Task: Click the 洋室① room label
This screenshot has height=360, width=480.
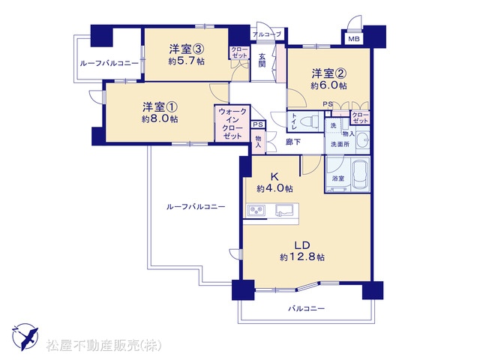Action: [160, 107]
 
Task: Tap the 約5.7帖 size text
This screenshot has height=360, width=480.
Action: [187, 61]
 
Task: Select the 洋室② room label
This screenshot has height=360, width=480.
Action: [329, 73]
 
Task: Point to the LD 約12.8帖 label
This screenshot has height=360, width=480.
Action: [302, 250]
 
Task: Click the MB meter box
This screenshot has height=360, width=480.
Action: [354, 39]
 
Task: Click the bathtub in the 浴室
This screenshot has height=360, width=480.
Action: [360, 174]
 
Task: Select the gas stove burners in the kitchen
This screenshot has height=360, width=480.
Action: [256, 210]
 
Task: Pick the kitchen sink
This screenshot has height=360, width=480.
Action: [284, 210]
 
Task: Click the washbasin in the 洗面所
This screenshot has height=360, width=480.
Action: [363, 140]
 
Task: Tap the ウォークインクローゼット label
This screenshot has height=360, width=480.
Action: [232, 124]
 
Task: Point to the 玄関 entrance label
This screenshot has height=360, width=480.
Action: [262, 60]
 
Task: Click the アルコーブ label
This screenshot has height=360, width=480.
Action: [267, 34]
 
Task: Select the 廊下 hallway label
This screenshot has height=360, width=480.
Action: [293, 142]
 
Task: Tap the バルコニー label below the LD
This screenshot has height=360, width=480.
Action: [306, 308]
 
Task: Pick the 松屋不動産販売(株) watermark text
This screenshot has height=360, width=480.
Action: [104, 345]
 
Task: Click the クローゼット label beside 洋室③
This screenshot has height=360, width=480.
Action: [239, 52]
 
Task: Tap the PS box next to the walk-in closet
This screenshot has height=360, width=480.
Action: [258, 124]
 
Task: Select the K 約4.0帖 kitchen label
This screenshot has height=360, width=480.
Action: [274, 182]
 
